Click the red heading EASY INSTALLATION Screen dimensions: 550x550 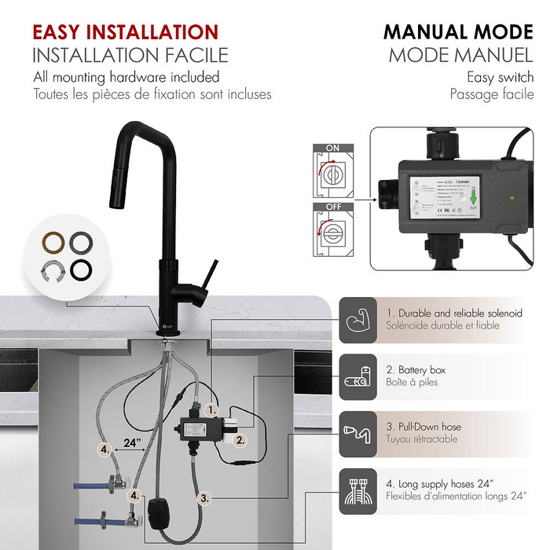click(x=125, y=32)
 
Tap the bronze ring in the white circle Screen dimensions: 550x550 click(x=56, y=241)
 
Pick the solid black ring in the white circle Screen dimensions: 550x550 click(x=81, y=269)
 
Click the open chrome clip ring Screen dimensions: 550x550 click(x=55, y=269)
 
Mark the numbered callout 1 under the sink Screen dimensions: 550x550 click(x=211, y=410)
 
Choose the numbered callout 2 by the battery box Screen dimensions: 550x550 click(x=240, y=440)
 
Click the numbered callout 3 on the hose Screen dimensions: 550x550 click(x=203, y=497)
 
